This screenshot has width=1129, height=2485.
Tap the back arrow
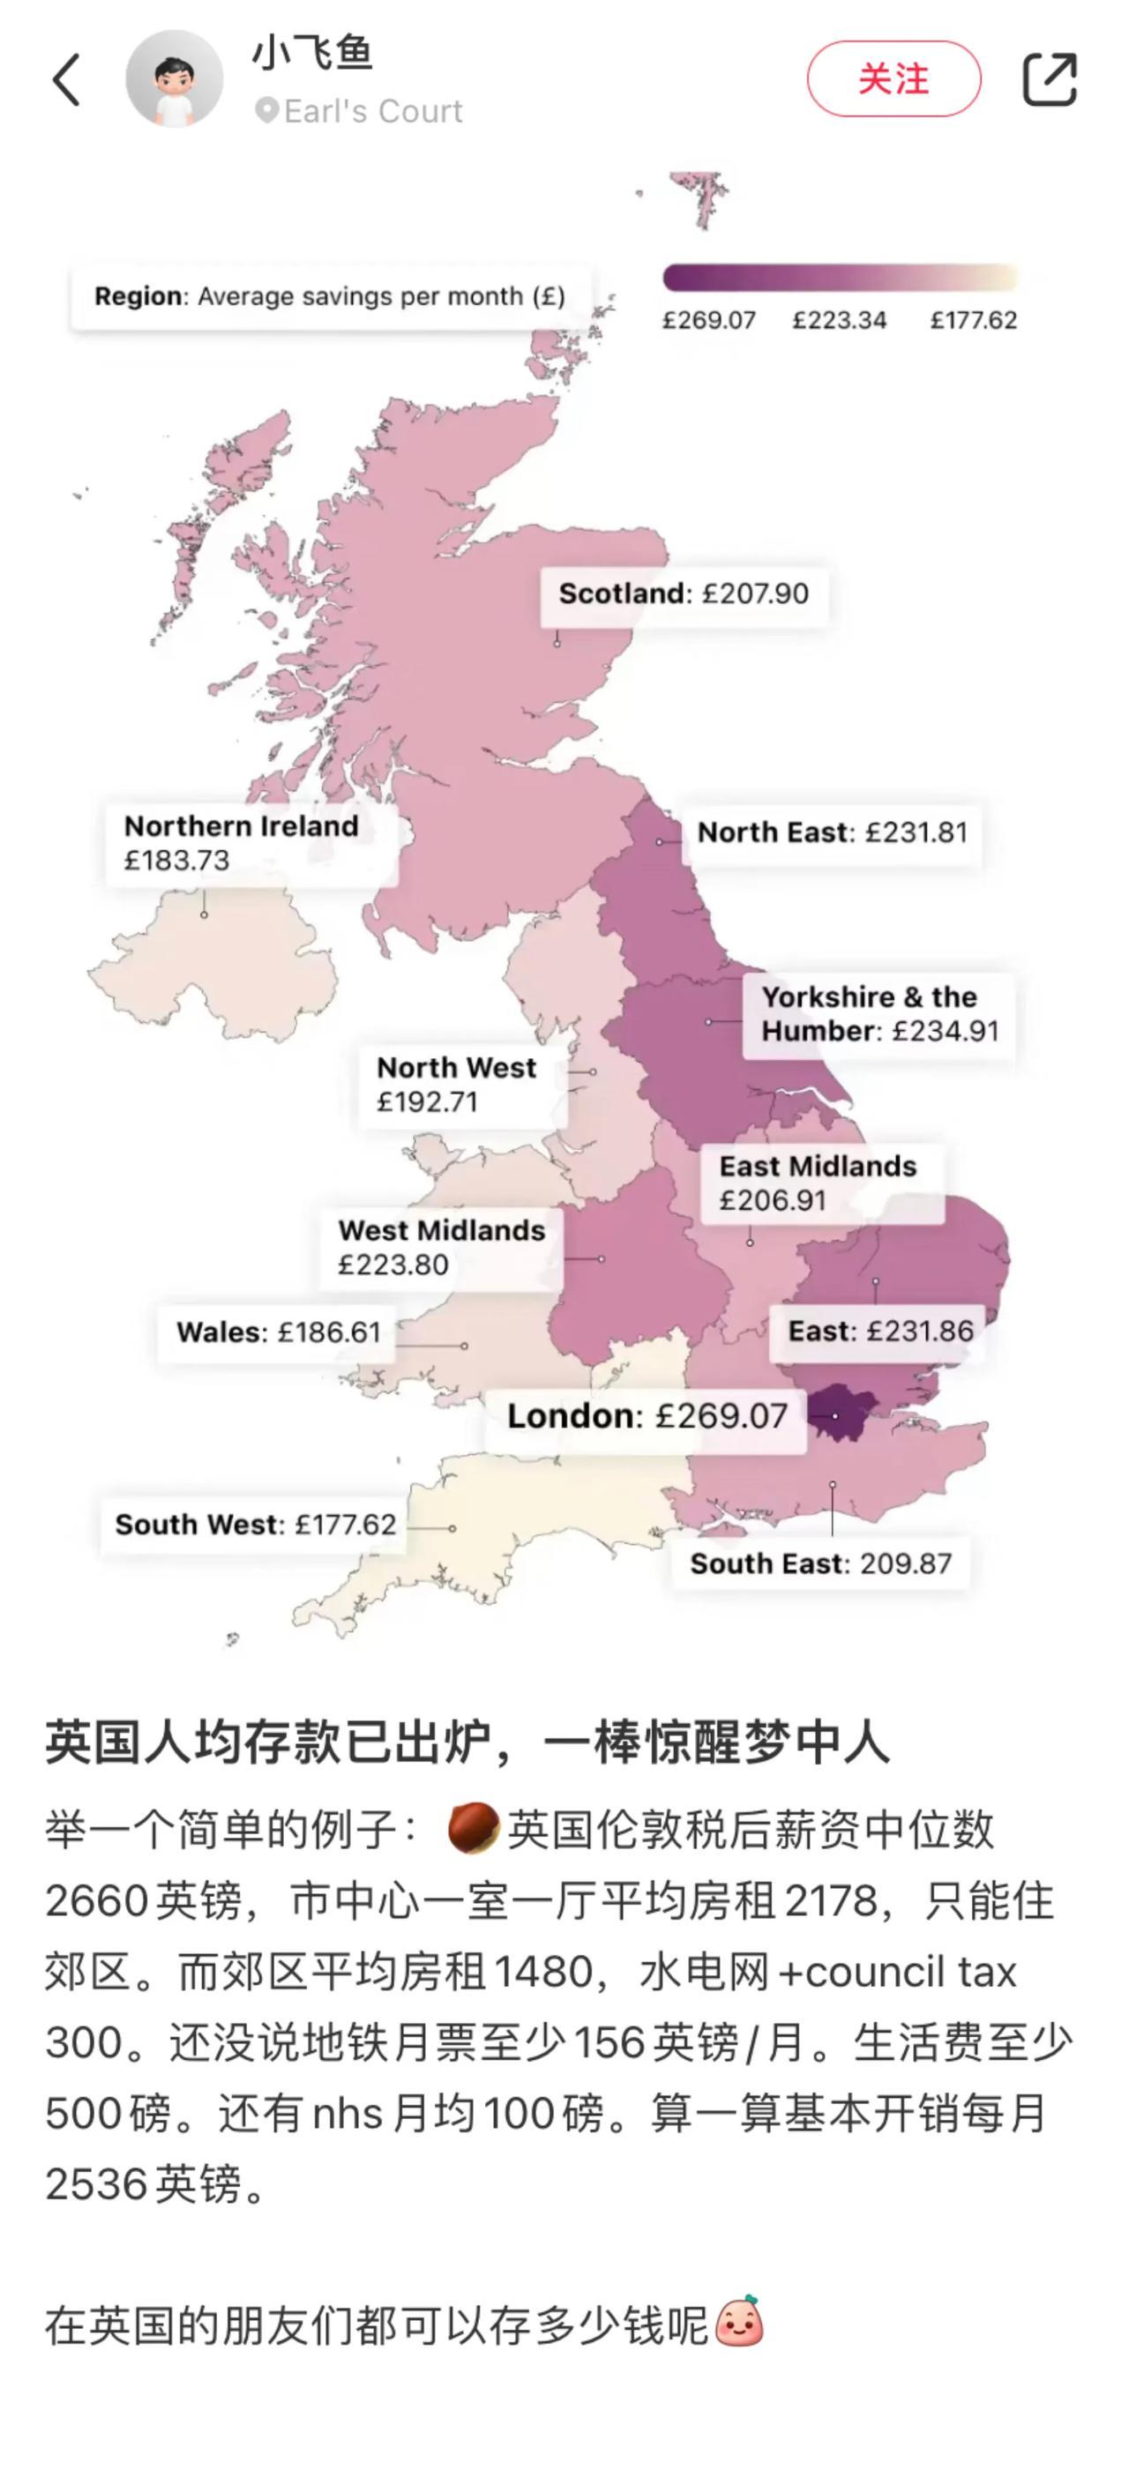65,79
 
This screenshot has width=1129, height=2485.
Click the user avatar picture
175,79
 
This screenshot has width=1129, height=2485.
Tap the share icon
1049,79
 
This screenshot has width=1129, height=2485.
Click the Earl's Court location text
372,112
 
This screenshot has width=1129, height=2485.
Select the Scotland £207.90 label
684,593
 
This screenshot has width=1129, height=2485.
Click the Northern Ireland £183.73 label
242,843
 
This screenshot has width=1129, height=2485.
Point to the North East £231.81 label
832,832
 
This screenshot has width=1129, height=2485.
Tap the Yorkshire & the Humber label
879,1014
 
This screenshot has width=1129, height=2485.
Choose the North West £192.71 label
456,1085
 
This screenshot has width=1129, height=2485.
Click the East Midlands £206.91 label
818,1183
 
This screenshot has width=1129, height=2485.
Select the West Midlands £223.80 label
441,1247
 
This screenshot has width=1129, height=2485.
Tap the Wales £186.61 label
278,1332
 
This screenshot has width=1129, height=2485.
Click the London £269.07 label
647,1416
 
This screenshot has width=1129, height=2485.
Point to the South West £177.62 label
256,1524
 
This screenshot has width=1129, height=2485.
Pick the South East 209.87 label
820,1563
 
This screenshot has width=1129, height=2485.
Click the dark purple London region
835,1414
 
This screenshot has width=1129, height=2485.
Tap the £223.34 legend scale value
839,320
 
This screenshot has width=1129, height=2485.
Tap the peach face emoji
739,2325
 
